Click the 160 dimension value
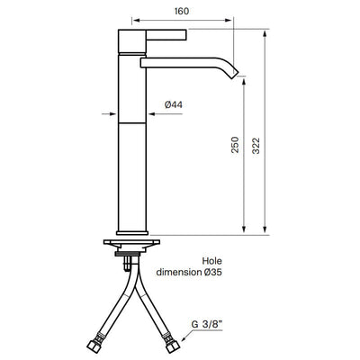[x=182, y=11]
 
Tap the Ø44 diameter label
[x=174, y=104]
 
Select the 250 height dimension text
[x=235, y=145]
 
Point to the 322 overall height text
[x=256, y=146]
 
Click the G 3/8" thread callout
[x=207, y=324]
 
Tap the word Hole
[x=212, y=261]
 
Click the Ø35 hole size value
[x=212, y=273]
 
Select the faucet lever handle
[x=166, y=34]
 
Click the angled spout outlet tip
[x=234, y=75]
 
